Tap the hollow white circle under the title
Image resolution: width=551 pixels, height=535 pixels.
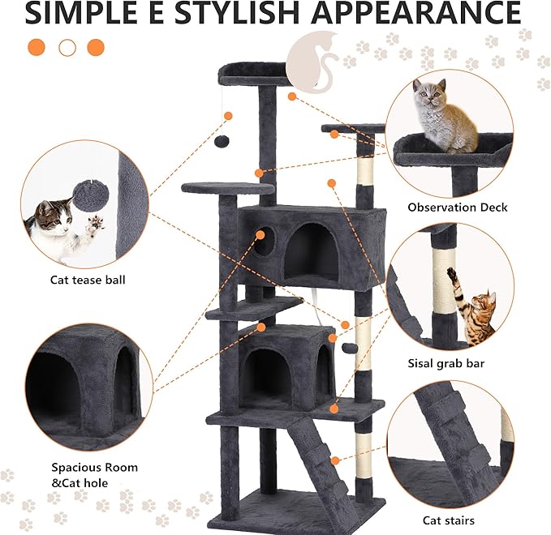[x=67, y=47]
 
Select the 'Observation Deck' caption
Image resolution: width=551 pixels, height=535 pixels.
[x=457, y=208]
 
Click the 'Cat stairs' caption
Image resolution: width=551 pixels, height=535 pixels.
[x=449, y=520]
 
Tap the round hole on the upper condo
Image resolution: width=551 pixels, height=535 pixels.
[x=266, y=241]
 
